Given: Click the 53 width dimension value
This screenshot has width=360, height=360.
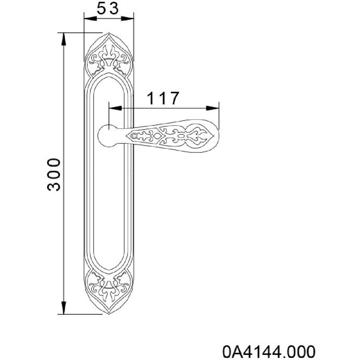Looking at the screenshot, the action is click(x=108, y=8).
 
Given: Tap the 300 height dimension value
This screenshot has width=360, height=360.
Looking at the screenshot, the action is click(x=54, y=174).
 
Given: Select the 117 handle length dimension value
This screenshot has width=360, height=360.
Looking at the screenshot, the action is click(x=162, y=98).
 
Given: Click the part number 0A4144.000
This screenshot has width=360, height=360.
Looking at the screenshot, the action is click(x=269, y=351).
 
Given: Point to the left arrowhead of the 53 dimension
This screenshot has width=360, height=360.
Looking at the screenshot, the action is click(x=90, y=18).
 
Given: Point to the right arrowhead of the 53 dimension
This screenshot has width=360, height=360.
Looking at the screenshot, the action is click(x=128, y=18).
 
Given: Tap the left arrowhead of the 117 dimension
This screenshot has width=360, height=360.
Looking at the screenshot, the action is click(x=115, y=108).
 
